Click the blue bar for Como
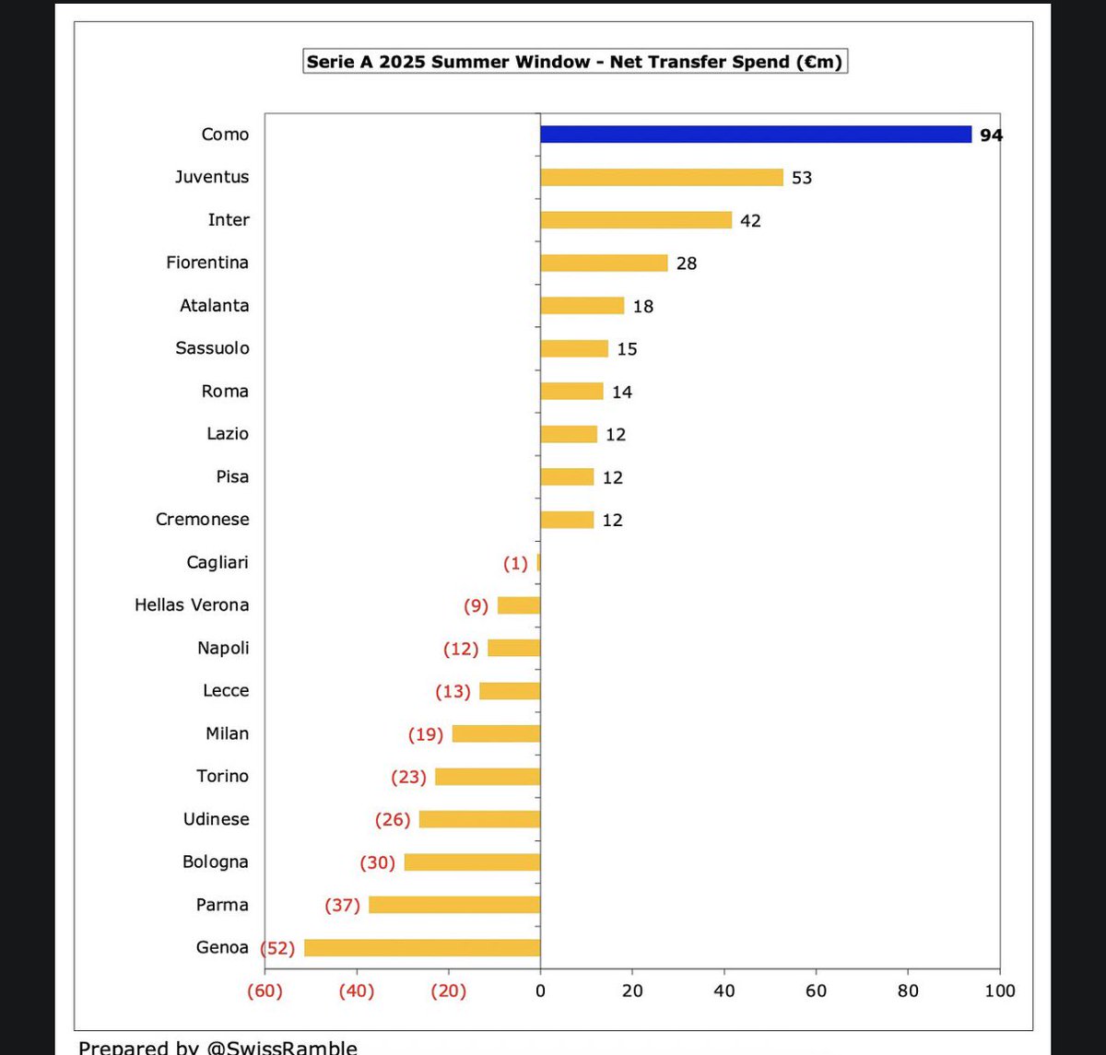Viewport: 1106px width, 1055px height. [756, 135]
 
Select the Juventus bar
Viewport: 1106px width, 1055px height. [662, 178]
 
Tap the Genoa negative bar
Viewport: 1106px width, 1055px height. [422, 947]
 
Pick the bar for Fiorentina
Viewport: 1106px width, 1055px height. [604, 263]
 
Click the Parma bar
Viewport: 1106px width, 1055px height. [454, 905]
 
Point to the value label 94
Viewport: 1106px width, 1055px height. [991, 135]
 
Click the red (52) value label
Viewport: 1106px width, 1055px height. [277, 947]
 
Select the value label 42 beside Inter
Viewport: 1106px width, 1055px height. [750, 220]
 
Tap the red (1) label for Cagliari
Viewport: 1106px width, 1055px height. [515, 563]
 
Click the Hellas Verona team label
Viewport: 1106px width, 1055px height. [192, 605]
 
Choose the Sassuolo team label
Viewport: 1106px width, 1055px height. [212, 348]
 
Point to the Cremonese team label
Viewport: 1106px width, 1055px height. [202, 520]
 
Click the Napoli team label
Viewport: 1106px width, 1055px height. [223, 648]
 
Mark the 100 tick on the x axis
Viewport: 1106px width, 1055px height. [999, 991]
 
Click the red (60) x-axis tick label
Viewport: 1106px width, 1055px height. [265, 991]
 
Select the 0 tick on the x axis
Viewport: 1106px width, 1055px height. [540, 991]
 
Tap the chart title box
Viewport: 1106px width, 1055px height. [574, 62]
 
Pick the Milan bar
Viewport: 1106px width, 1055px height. [496, 733]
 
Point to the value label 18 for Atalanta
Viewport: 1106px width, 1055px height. [642, 306]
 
